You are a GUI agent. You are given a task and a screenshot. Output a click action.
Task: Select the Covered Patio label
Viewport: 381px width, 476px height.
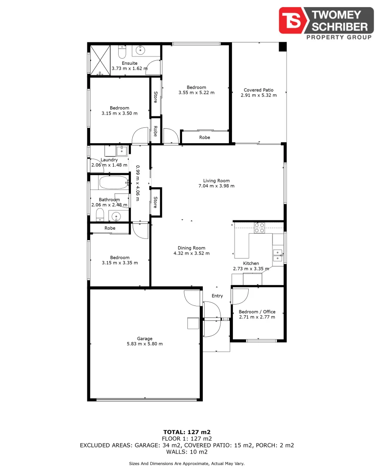258,90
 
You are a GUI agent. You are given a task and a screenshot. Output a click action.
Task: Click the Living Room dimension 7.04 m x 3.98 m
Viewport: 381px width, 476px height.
216,186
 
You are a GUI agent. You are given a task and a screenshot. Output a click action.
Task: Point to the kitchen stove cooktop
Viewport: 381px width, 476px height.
259,228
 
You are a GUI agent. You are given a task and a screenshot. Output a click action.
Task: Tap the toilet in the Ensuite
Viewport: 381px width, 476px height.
123,52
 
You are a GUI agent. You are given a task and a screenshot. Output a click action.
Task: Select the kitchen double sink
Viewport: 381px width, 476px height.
278,256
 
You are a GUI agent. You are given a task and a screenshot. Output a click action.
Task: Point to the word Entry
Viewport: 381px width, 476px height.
217,296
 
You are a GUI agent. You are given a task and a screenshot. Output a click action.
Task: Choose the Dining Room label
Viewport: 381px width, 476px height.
191,248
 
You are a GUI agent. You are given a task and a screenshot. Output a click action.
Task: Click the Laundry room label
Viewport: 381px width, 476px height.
109,160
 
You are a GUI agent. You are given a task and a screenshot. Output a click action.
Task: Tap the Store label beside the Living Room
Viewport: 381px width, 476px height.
155,202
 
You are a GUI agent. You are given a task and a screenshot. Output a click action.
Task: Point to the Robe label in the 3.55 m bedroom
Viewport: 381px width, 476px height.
205,138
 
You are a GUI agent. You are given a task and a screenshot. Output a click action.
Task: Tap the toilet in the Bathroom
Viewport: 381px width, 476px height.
100,215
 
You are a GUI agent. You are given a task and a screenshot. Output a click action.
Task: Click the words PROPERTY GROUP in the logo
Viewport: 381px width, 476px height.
339,37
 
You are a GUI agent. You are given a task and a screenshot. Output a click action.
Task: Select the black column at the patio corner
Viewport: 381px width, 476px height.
282,47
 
